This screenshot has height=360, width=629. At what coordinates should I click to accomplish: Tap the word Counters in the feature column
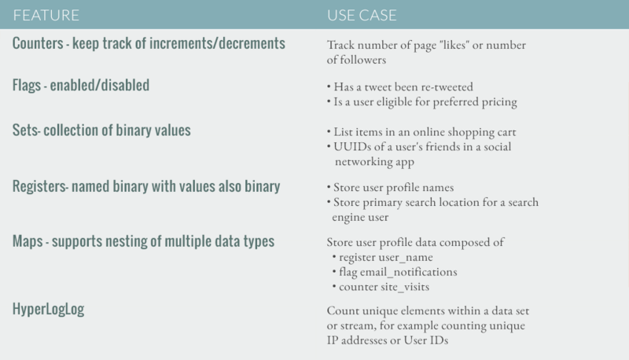click(41, 43)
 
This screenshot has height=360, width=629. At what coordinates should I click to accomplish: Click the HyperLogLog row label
click(49, 309)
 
